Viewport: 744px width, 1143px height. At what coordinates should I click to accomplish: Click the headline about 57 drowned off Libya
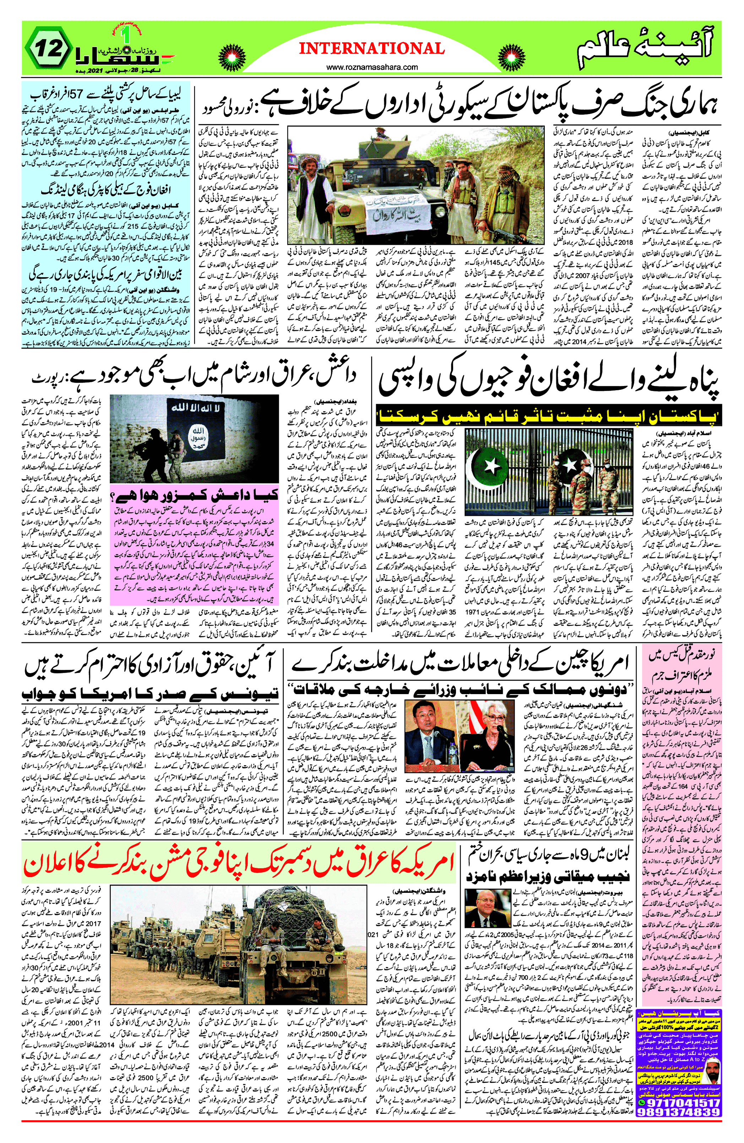[105, 94]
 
